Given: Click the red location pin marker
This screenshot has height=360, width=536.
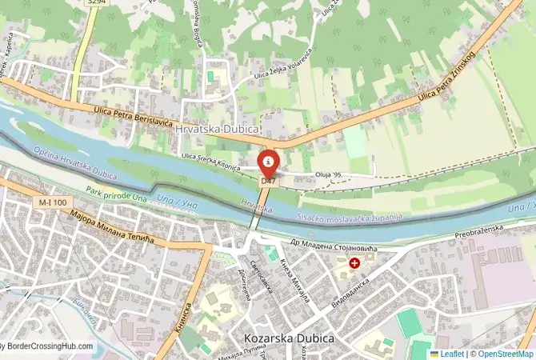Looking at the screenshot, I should (269, 164).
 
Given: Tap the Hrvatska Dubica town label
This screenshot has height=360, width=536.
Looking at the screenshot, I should (206, 128).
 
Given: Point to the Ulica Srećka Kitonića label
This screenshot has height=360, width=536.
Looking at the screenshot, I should (211, 158).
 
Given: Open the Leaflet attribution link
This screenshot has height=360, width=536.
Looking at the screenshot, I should (451, 353).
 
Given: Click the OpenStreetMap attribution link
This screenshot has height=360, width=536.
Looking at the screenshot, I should (504, 353).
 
